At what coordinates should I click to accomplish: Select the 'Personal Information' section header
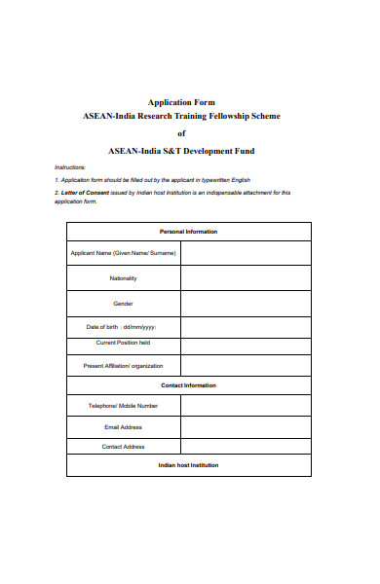tap(188, 232)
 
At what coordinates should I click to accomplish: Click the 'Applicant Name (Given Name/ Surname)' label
tap(123, 253)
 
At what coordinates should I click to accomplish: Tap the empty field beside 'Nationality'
tap(246, 278)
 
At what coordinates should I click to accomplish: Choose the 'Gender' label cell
tap(123, 304)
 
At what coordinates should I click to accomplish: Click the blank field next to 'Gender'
tap(246, 304)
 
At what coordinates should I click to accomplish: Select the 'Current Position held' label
tap(123, 343)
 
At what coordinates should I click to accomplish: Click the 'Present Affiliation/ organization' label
tap(123, 366)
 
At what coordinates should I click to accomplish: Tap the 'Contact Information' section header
tap(188, 385)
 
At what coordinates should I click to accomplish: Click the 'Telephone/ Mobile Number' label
tap(123, 405)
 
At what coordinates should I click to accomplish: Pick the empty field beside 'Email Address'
tap(246, 426)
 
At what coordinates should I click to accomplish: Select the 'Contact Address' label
tap(123, 447)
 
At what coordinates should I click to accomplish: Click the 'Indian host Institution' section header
tap(188, 465)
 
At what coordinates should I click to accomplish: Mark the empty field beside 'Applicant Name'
tap(246, 253)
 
